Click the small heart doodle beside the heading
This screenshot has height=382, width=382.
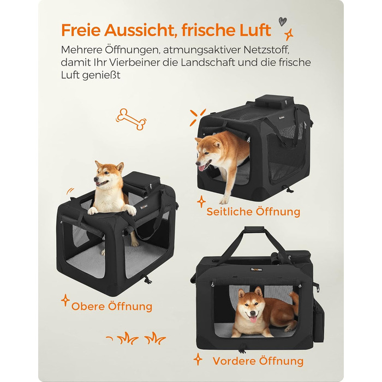[283, 21]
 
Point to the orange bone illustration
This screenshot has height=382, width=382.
[131, 119]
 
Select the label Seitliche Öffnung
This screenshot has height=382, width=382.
[253, 212]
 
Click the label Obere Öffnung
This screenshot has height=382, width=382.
[112, 306]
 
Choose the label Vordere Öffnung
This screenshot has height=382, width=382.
[258, 361]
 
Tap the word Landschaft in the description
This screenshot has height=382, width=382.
[208, 62]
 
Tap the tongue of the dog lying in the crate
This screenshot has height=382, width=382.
[253, 319]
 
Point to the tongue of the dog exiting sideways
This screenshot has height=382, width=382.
[202, 168]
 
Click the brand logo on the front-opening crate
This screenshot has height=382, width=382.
[256, 270]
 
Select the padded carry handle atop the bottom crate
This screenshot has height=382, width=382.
[254, 229]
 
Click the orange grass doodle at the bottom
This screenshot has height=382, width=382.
[136, 338]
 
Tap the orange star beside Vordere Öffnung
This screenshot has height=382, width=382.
[198, 359]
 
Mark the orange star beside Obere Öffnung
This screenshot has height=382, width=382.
[65, 300]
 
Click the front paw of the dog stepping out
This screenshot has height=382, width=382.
[224, 201]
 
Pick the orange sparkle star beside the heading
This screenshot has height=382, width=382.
[289, 34]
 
